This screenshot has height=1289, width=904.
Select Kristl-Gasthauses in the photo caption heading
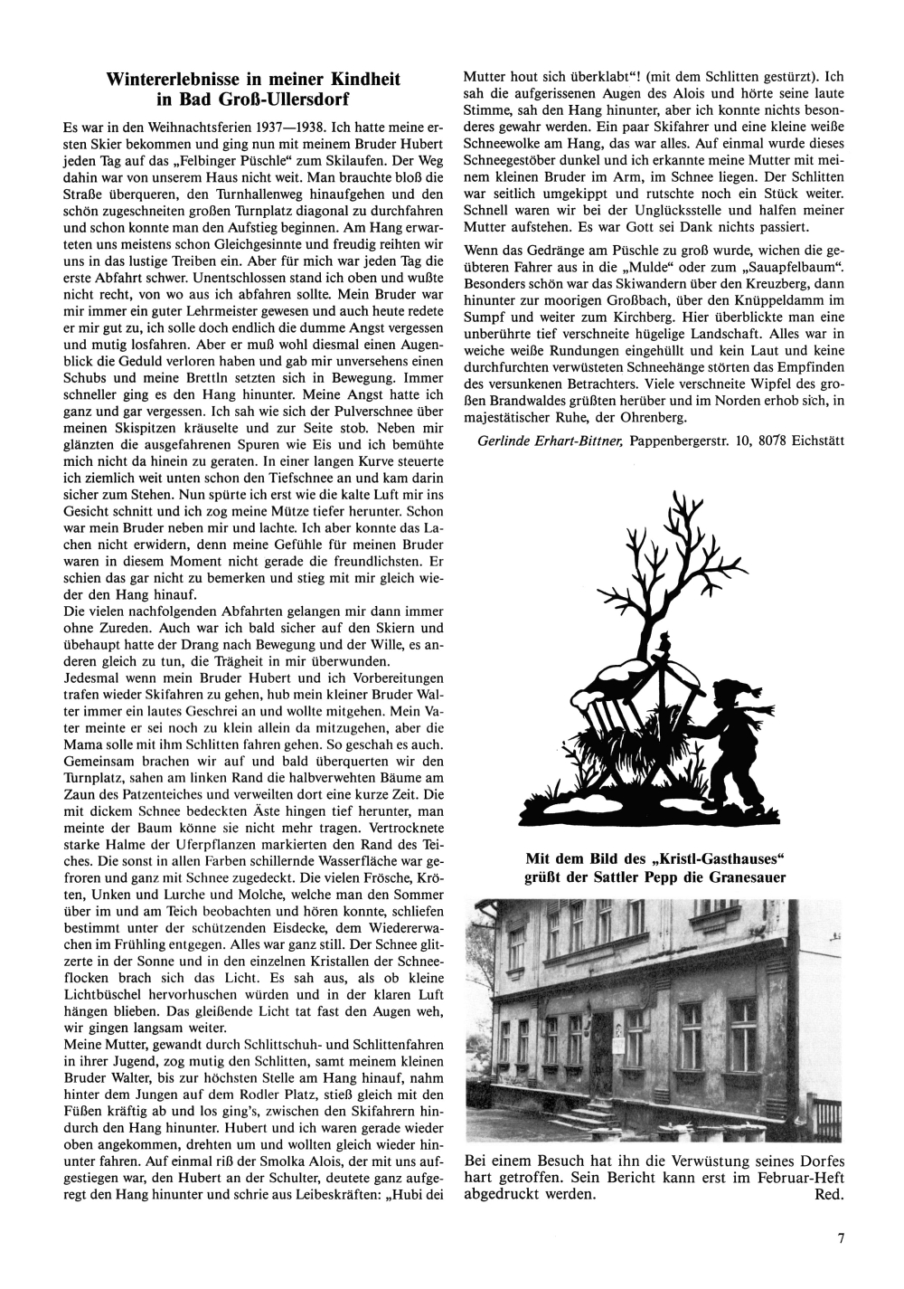coord(711,857)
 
